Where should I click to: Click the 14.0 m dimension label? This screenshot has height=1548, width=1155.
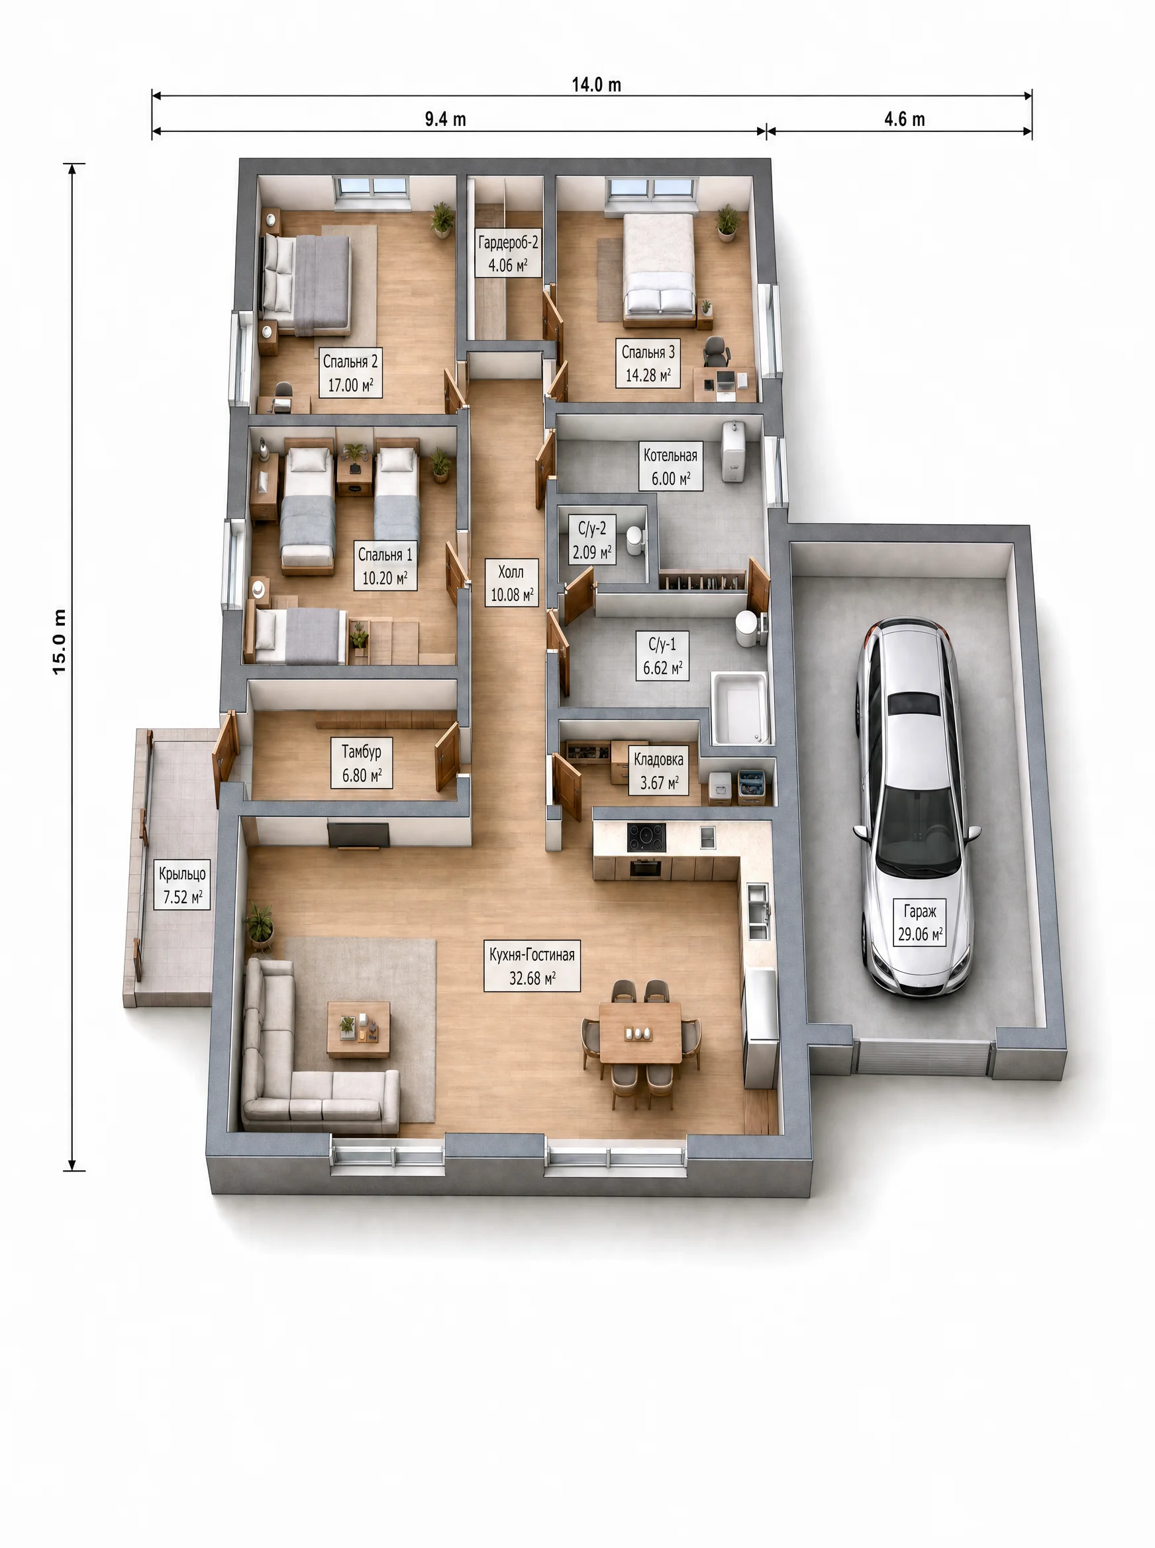(597, 85)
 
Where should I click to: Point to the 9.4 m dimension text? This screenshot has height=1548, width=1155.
(445, 119)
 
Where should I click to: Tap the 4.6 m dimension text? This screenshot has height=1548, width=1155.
(905, 119)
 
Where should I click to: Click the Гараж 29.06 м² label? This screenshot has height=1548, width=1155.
(919, 922)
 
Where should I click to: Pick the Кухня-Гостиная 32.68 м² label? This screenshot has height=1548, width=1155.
(532, 966)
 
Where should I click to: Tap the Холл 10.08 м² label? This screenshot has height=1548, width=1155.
(511, 582)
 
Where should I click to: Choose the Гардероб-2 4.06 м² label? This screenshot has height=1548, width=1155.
(508, 253)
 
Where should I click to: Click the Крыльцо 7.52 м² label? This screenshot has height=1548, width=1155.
(183, 885)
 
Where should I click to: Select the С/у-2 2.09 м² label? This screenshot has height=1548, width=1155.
(592, 540)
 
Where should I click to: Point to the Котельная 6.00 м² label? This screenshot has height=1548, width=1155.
(670, 467)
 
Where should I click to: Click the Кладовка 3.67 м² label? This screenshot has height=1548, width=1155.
(658, 770)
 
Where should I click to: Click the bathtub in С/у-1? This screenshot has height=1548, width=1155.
(740, 708)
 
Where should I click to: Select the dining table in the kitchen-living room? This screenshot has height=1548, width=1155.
(640, 1032)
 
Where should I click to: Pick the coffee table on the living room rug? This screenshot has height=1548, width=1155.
(359, 1028)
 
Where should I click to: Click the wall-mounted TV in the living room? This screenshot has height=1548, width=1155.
(359, 835)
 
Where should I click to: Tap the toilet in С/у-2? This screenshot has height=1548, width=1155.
(634, 540)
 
